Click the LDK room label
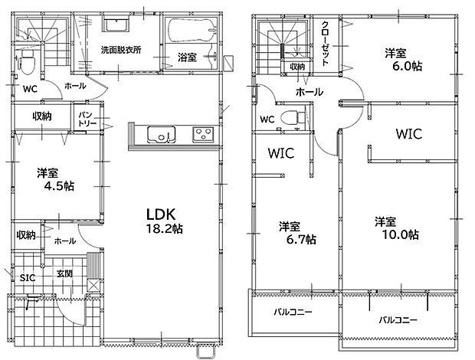click(x=161, y=214)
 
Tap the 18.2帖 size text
click(x=164, y=229)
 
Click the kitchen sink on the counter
click(x=161, y=134)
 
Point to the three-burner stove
click(x=203, y=135)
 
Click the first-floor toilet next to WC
click(x=26, y=62)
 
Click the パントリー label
click(x=87, y=119)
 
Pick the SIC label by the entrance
click(x=28, y=277)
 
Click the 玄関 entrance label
click(x=64, y=273)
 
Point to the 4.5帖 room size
click(x=59, y=186)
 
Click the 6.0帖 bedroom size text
click(x=407, y=66)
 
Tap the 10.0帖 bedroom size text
click(x=401, y=234)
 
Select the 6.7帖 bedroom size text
click(x=301, y=240)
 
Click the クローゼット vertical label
click(x=325, y=44)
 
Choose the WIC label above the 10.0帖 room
click(x=409, y=134)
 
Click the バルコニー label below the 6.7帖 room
click(x=293, y=312)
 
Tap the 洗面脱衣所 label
click(x=121, y=50)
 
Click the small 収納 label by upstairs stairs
click(x=297, y=67)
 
